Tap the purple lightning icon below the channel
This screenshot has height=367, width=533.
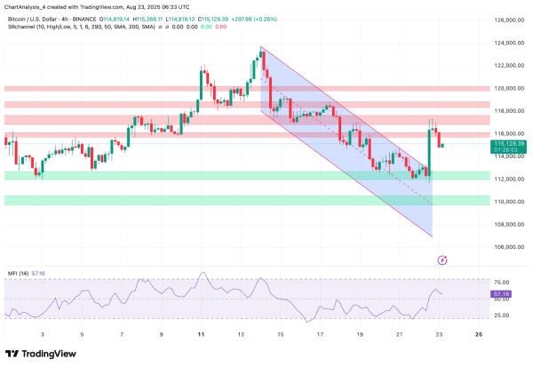443,259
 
